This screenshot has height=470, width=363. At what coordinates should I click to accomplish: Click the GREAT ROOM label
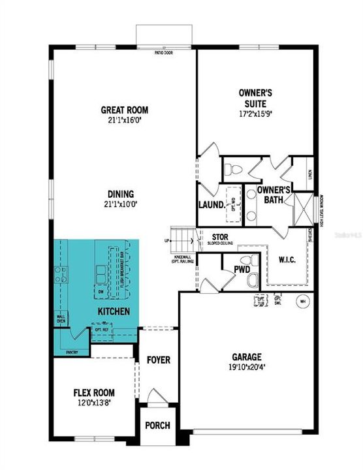click(x=122, y=110)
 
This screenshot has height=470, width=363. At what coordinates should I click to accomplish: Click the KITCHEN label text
click(x=114, y=312)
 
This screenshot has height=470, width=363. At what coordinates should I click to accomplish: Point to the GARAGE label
click(x=247, y=357)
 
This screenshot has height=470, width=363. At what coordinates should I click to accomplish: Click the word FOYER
click(x=157, y=360)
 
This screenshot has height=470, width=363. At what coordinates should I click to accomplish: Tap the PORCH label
click(x=157, y=425)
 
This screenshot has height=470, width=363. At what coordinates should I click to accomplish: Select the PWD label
click(x=233, y=268)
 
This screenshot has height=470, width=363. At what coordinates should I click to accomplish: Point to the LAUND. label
click(x=211, y=204)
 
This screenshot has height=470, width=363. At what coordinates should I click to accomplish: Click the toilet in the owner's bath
click(x=231, y=170)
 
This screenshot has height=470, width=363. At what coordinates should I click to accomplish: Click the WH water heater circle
click(x=302, y=302)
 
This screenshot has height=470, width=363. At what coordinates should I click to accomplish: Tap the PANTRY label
click(x=72, y=352)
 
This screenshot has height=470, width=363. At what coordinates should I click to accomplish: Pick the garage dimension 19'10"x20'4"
click(x=247, y=367)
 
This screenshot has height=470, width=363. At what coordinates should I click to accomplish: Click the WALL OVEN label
click(x=62, y=319)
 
